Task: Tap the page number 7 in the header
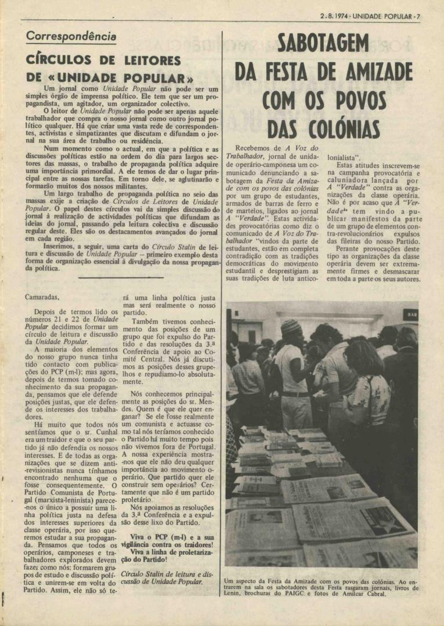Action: (x=418, y=16)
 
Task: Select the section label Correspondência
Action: (x=71, y=36)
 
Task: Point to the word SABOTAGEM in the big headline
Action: (x=323, y=43)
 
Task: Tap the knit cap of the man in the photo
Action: (x=291, y=327)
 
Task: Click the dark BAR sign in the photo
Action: (x=410, y=315)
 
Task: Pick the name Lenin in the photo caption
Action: (x=233, y=594)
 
